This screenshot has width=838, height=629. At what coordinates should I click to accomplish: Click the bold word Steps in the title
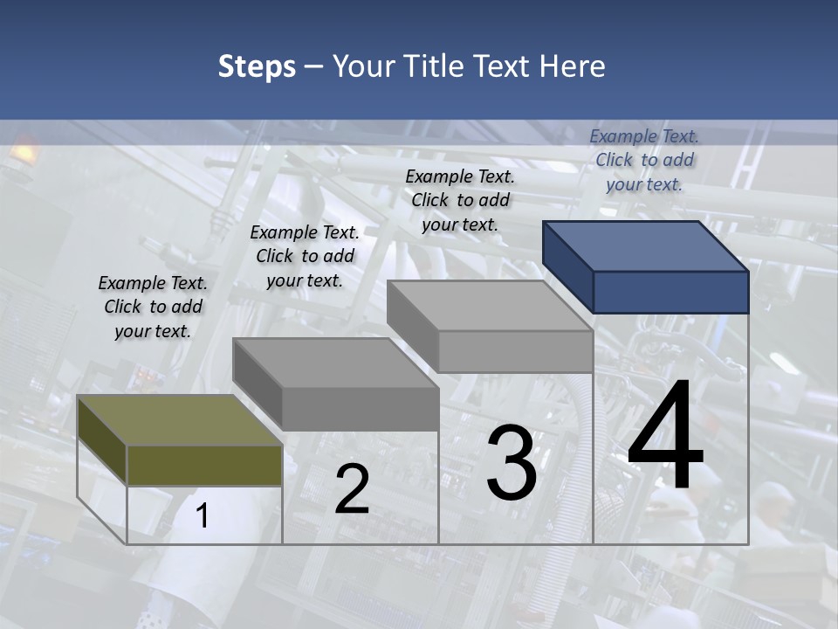pos(256,66)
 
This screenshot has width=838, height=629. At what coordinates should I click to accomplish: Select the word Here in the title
pos(574,66)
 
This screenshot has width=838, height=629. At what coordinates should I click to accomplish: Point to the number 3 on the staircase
pos(512,463)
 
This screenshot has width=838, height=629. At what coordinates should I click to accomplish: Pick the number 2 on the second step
pos(352,489)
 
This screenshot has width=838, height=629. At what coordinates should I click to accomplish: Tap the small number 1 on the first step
pos(203,516)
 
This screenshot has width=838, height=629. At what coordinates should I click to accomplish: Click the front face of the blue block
pos(670,292)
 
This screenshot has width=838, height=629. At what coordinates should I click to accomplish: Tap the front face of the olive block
pos(204,465)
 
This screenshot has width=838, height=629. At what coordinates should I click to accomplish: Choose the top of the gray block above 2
pos(335,363)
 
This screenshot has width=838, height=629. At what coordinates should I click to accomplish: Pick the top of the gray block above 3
pos(490,306)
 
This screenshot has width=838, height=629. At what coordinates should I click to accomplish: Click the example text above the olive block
pos(153,307)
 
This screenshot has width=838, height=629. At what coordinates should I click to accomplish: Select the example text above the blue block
pos(644,160)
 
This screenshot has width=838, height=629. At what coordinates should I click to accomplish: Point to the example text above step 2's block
pos(305,256)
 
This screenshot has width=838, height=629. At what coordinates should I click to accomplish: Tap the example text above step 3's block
pos(460,200)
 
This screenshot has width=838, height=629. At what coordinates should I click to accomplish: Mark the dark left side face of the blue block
pos(567,266)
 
